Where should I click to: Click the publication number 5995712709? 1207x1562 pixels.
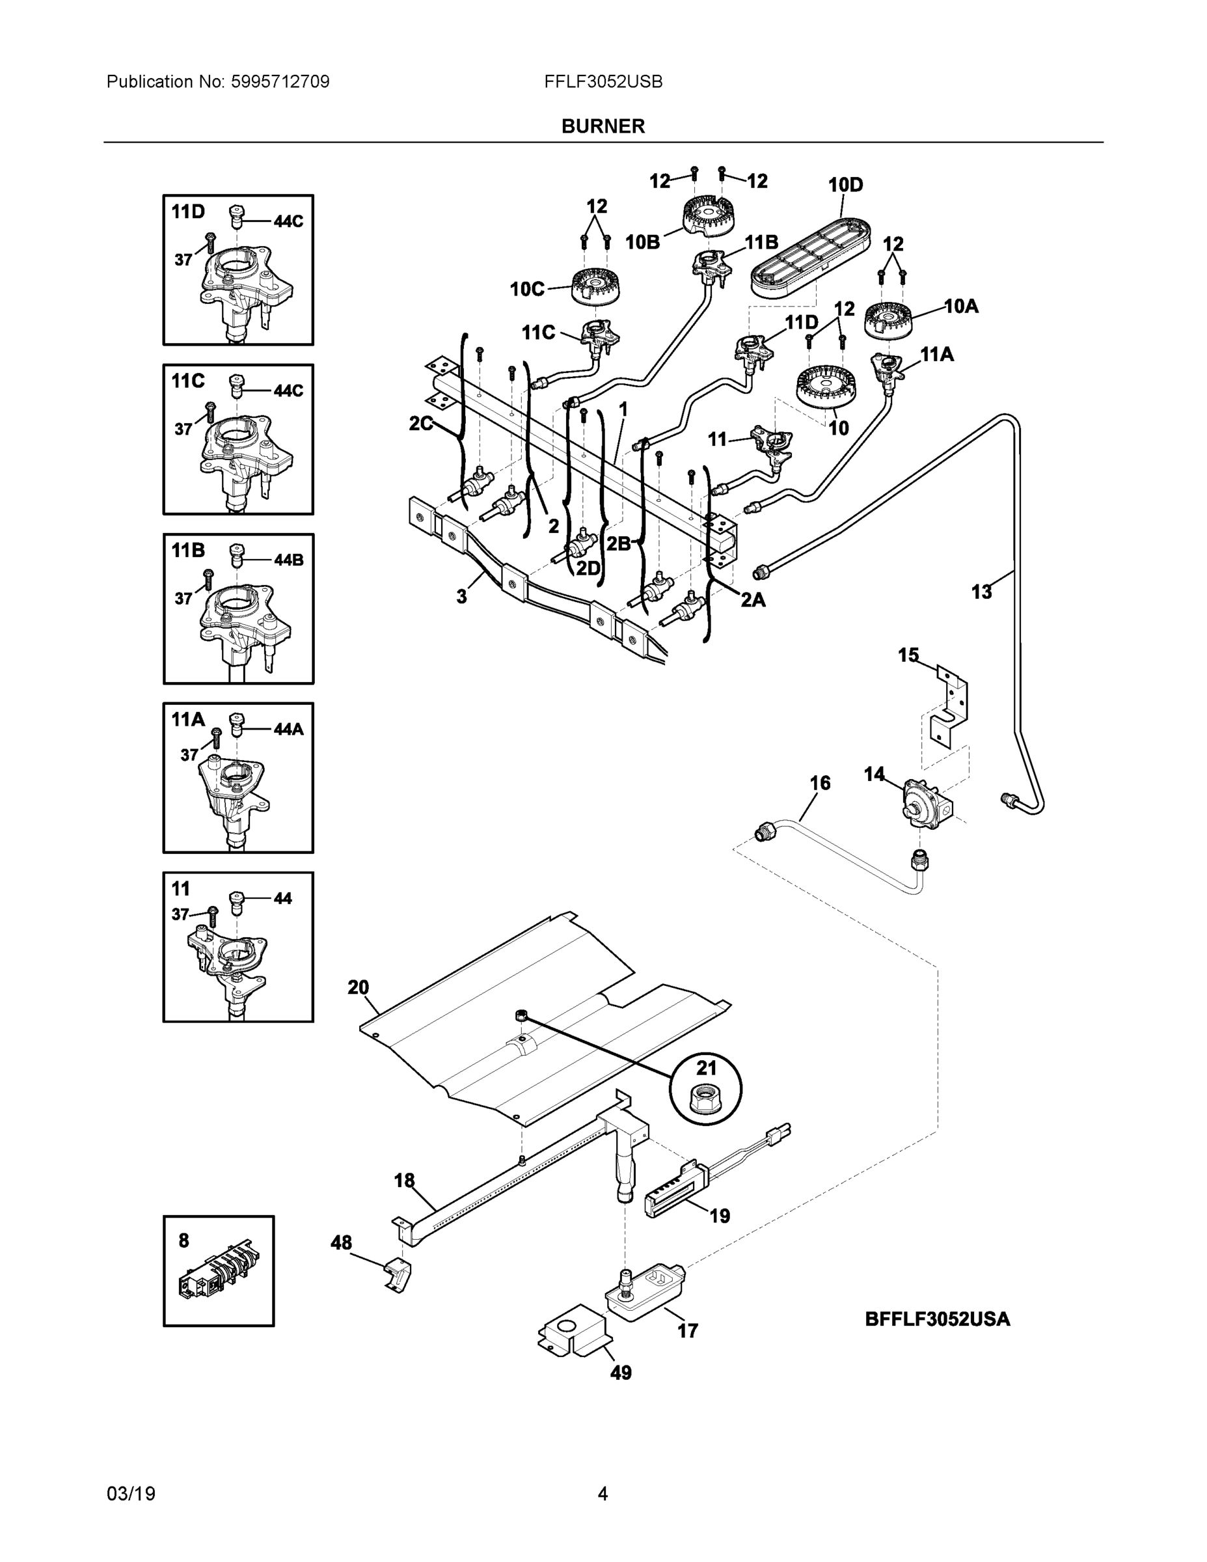(x=280, y=81)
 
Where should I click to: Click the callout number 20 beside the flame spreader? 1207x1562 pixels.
(x=359, y=988)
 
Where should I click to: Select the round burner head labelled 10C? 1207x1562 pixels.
(x=595, y=284)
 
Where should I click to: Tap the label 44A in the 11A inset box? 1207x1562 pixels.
(x=288, y=729)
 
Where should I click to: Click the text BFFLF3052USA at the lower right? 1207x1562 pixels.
(x=938, y=1319)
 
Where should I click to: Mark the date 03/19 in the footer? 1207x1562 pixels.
(x=131, y=1494)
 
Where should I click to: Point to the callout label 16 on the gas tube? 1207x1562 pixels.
(x=819, y=783)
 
